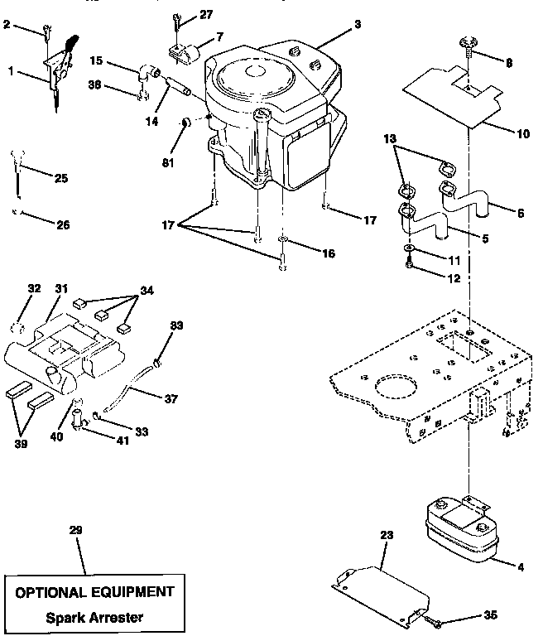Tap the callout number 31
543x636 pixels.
point(61,289)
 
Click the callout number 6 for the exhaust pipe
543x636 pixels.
point(520,213)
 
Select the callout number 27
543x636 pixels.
point(205,15)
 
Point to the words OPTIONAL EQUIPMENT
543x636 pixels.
point(95,591)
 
